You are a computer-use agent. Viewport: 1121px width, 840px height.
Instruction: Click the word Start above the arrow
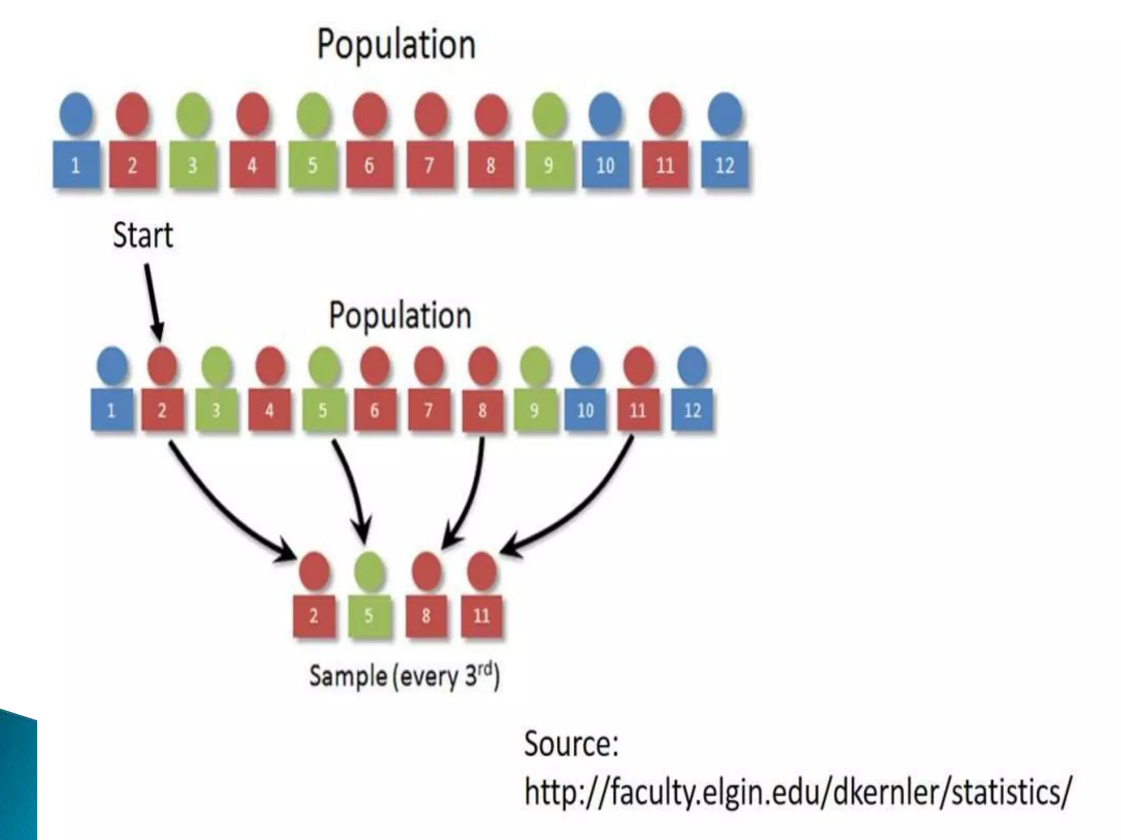point(143,236)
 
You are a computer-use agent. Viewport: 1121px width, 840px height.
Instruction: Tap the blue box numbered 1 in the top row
point(76,165)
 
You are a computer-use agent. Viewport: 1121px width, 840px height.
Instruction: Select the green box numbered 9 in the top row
point(549,165)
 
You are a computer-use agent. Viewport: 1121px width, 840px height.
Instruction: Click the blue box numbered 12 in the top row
point(725,165)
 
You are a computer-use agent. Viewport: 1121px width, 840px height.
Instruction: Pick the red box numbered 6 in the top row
point(369,165)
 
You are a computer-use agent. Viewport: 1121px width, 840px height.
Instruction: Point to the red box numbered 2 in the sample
point(314,616)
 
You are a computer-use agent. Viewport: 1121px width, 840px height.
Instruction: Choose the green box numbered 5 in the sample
point(369,616)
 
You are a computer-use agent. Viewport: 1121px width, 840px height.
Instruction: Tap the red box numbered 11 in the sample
point(482,616)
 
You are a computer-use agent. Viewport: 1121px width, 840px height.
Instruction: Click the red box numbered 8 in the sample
point(426,616)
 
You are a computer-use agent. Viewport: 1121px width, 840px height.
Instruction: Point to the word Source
point(571,744)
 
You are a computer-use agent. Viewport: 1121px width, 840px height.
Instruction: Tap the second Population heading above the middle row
point(400,316)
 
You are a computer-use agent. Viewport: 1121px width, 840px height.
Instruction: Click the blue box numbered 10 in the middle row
point(585,410)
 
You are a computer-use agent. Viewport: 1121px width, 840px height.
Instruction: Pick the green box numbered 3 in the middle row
point(216,410)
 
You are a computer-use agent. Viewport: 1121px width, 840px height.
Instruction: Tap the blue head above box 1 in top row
point(77,114)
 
